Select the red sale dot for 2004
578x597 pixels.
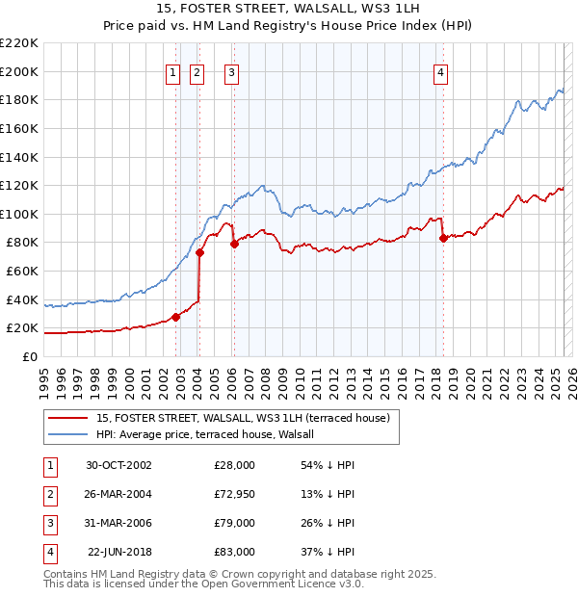199,253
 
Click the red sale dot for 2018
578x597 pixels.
443,239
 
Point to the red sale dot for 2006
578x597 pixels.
234,245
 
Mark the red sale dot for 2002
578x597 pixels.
175,317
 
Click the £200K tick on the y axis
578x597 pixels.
19,71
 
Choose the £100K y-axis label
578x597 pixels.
19,214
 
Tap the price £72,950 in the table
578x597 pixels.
234,494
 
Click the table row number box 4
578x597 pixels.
48,552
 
